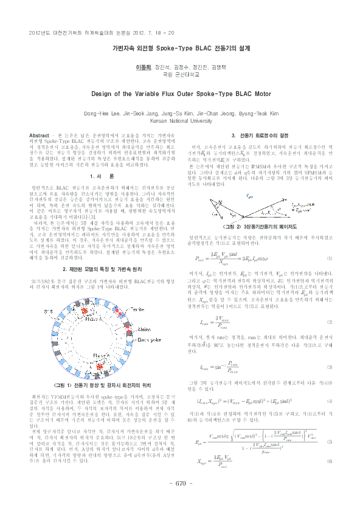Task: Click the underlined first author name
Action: tap(143, 64)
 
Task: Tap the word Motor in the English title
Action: tap(257, 94)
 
